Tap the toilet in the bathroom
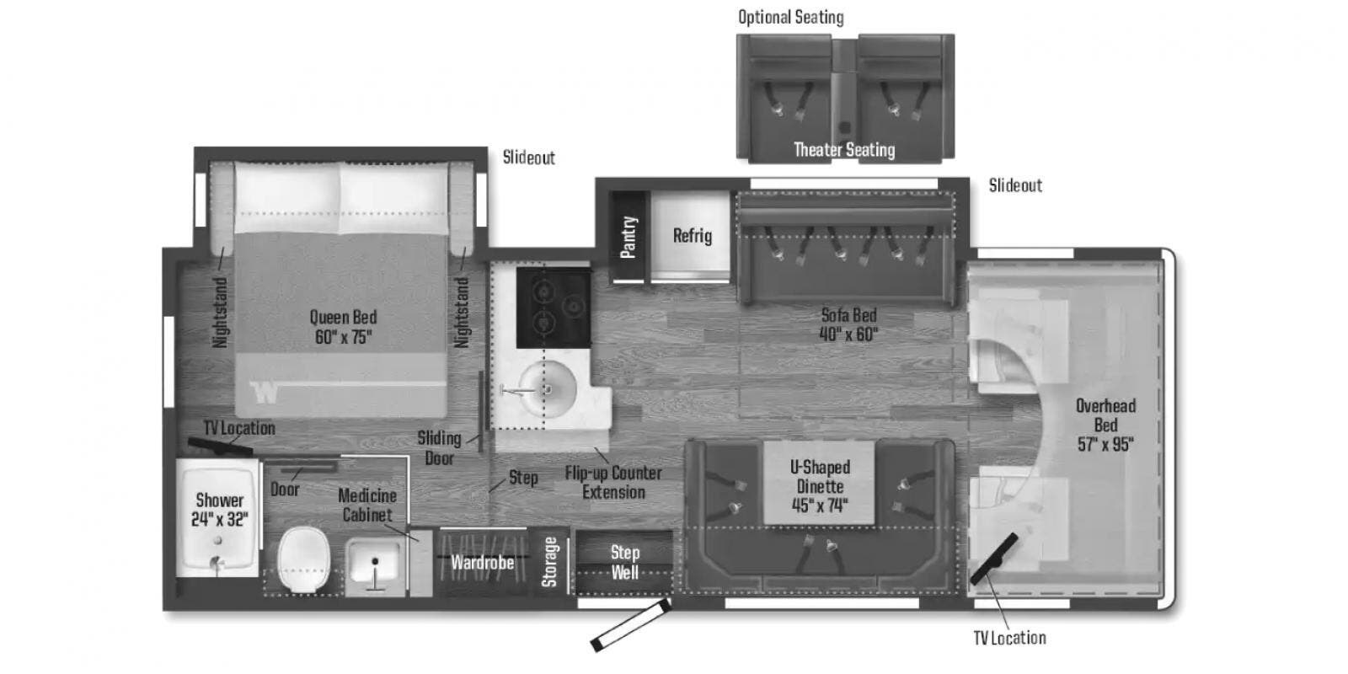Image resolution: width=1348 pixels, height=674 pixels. [304, 559]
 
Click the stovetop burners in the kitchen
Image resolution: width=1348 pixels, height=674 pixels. [554, 308]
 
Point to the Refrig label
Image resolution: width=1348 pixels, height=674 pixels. [692, 235]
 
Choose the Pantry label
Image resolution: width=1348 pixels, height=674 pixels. [628, 237]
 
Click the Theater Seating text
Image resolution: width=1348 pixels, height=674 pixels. [844, 150]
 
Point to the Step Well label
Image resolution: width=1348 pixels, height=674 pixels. [624, 562]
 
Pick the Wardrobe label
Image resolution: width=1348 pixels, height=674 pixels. [483, 563]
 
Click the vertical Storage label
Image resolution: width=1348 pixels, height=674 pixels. [548, 561]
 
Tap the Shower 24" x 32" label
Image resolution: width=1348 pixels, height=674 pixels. [220, 510]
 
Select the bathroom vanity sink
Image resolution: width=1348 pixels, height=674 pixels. [374, 564]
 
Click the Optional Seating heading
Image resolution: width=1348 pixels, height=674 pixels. [791, 18]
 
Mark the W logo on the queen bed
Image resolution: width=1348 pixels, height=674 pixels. [265, 393]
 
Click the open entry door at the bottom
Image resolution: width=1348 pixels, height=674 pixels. [631, 625]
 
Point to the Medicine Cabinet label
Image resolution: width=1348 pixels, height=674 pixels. [367, 505]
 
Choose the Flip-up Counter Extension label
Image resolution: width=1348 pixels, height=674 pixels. [613, 483]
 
